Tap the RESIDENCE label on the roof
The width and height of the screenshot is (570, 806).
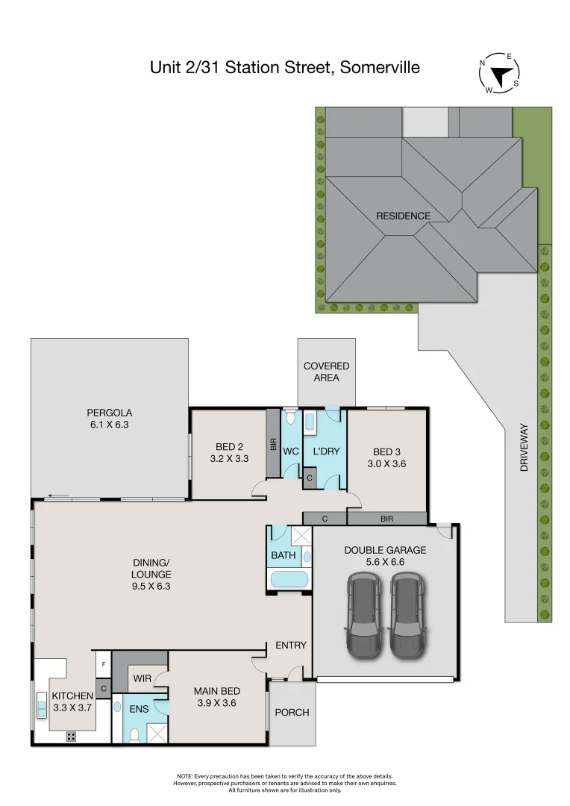point(403,216)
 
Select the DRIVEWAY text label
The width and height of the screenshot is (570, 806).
point(524,448)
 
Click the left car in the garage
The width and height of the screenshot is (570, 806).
point(362,614)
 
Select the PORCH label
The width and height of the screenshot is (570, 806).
point(292,712)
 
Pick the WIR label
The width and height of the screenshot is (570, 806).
point(142,678)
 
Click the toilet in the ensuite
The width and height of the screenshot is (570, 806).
point(134,734)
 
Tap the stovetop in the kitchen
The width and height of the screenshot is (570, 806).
point(72,737)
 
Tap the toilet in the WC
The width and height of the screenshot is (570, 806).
point(290,421)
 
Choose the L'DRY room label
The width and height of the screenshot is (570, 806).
point(326,452)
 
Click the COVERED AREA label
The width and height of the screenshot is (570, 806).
point(326,372)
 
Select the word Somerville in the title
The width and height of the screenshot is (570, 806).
point(379,68)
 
